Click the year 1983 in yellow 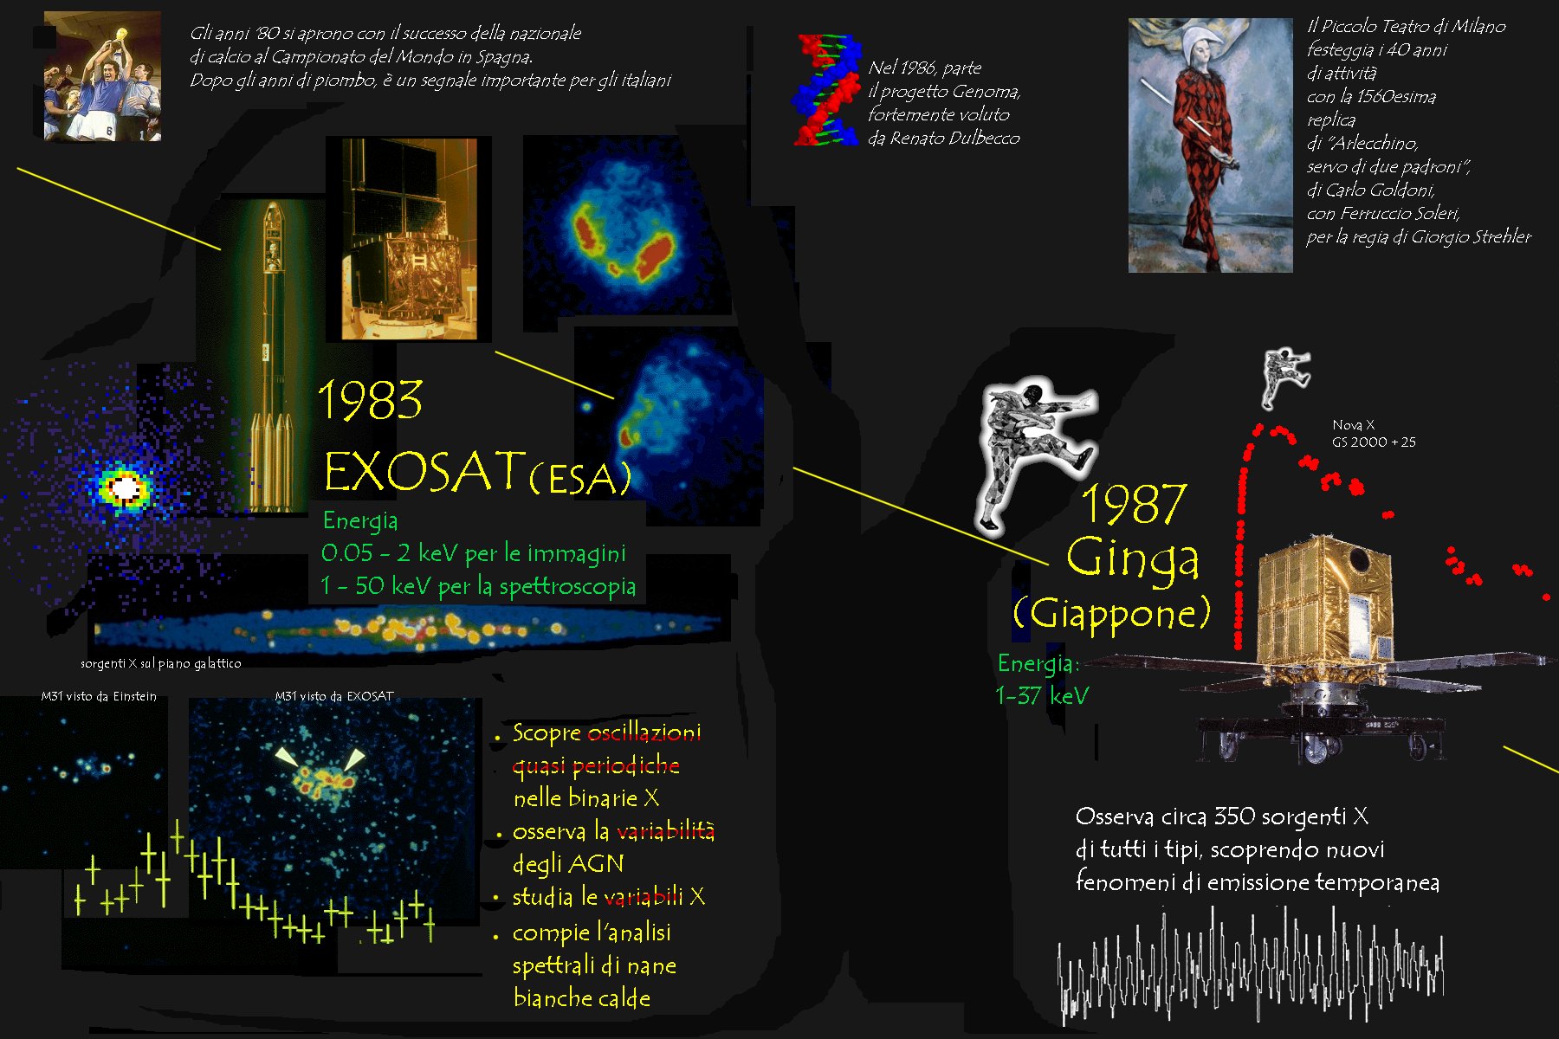371,400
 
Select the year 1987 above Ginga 1133,504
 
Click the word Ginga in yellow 1133,558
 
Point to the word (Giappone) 1111,613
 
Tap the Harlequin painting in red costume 1210,145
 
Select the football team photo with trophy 102,76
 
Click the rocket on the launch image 270,355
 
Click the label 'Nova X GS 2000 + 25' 1374,434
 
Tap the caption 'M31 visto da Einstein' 99,696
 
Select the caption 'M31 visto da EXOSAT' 334,696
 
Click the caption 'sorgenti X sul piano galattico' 161,663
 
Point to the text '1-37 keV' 1042,696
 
